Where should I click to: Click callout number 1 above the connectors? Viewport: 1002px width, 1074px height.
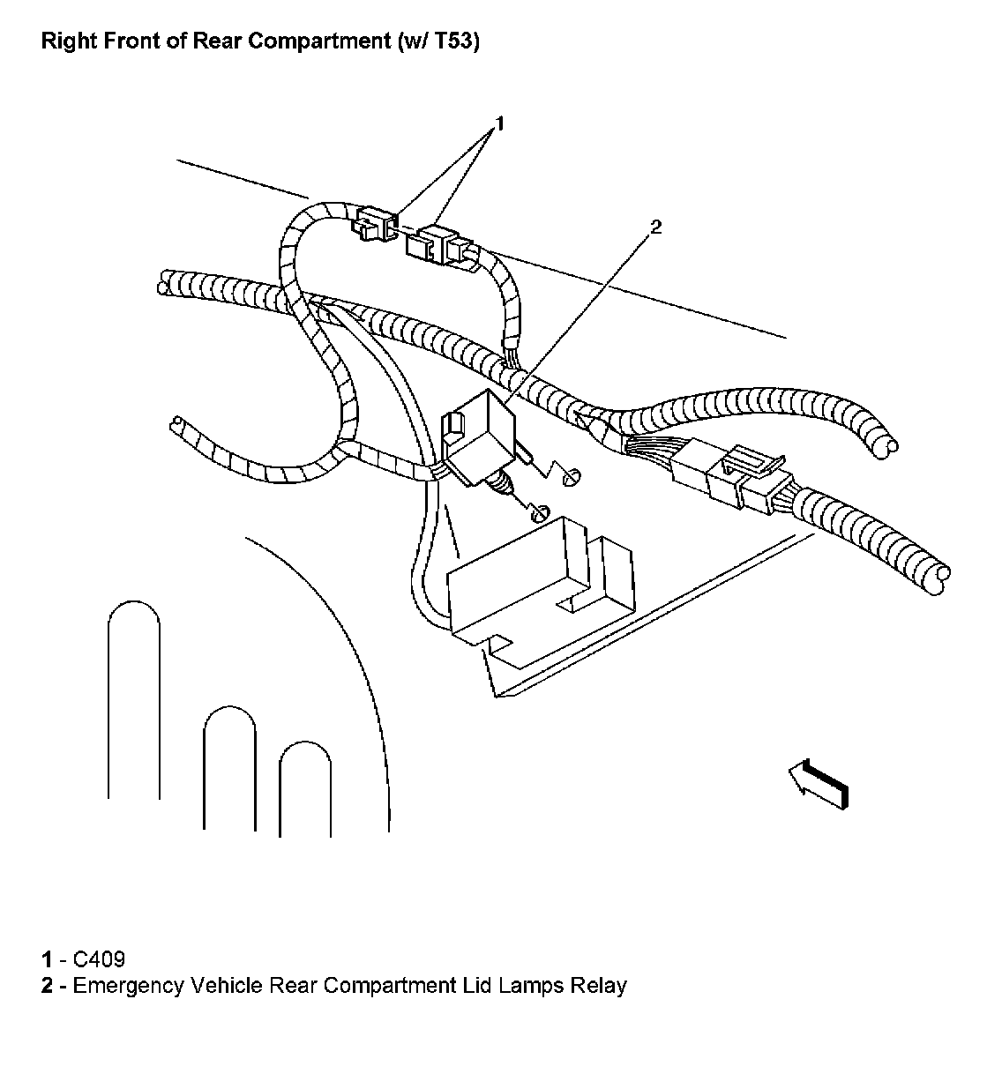tap(500, 123)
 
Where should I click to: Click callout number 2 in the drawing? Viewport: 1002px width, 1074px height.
tap(654, 227)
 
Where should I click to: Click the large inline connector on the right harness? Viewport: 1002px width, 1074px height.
tap(728, 476)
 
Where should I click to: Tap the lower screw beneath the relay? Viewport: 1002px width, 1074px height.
tap(540, 511)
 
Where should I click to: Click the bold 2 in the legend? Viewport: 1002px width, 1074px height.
tap(47, 985)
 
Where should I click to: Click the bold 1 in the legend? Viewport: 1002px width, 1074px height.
tap(46, 959)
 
